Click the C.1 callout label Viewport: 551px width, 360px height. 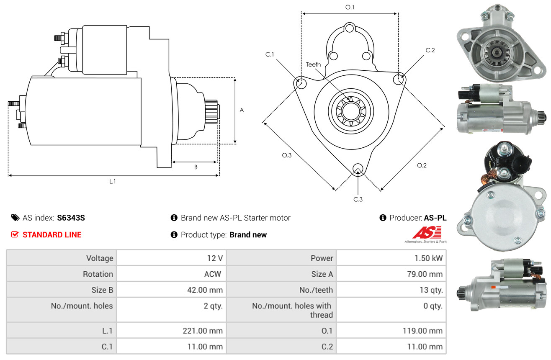click(x=269, y=54)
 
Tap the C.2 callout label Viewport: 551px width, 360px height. click(x=430, y=50)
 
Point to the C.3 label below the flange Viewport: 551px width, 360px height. click(x=358, y=199)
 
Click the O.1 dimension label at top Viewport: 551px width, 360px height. click(x=350, y=7)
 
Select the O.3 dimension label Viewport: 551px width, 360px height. click(x=286, y=155)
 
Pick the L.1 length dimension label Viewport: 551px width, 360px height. click(x=113, y=181)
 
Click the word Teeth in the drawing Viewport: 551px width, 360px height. click(x=313, y=64)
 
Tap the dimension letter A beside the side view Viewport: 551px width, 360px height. click(x=242, y=111)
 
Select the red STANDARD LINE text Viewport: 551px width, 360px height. click(x=52, y=235)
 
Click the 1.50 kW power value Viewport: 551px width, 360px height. click(x=428, y=258)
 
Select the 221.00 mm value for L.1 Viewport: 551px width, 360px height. click(x=203, y=331)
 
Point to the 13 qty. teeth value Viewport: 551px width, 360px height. click(x=431, y=290)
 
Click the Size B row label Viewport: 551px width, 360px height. click(x=102, y=290)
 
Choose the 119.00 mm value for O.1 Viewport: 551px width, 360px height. click(x=422, y=331)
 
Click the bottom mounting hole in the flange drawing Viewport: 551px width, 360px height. click(x=358, y=169)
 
